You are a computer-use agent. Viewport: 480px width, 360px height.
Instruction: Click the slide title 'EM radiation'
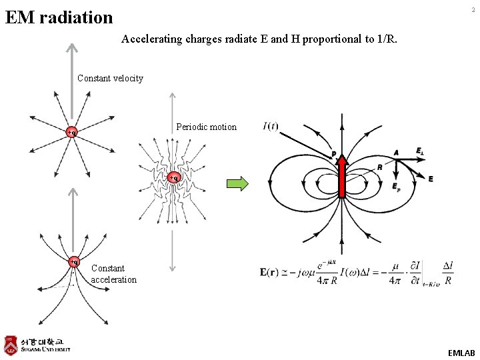click(x=59, y=17)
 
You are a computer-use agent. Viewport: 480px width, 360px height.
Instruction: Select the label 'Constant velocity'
click(x=110, y=78)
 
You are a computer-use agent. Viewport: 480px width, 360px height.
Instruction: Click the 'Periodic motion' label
click(x=206, y=127)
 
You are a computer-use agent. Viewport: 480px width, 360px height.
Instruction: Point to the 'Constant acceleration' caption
click(x=113, y=274)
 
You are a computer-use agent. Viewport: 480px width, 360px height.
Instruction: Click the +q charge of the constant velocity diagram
click(x=72, y=132)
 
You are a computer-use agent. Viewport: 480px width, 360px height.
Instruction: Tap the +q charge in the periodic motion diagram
click(x=173, y=178)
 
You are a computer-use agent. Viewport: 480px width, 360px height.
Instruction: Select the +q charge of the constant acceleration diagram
click(x=74, y=261)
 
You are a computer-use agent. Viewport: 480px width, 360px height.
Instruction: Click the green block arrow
click(x=237, y=183)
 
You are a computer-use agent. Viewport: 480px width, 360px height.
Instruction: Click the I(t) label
click(x=271, y=126)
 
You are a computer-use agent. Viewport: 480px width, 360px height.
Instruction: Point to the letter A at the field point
click(x=396, y=153)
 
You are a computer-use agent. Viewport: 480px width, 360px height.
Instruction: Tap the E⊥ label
click(x=420, y=151)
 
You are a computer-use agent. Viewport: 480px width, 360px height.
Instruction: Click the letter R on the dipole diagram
click(x=379, y=167)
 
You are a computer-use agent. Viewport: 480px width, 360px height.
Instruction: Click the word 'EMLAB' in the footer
click(x=461, y=352)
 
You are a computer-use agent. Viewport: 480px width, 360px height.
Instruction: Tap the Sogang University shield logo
click(x=11, y=344)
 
